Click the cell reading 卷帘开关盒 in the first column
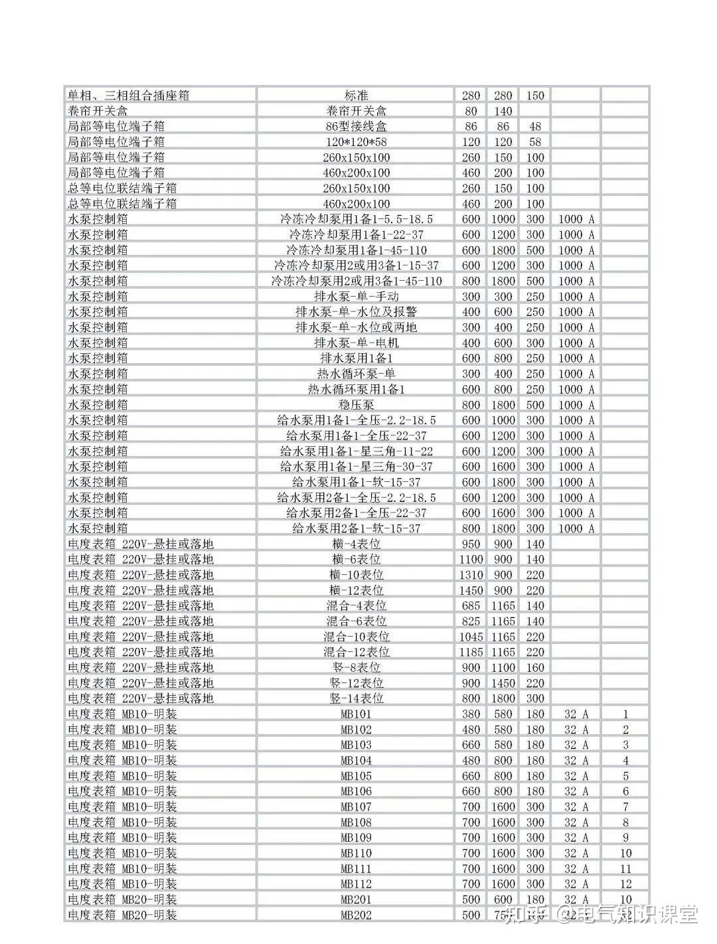[98, 111]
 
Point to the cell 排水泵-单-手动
[356, 296]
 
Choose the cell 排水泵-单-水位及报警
[356, 311]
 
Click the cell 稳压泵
[356, 404]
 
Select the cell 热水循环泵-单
[356, 374]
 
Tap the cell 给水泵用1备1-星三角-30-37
[356, 466]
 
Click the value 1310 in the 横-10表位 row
[471, 574]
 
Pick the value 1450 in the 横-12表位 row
[471, 590]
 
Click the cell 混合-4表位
[356, 605]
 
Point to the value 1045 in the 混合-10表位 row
[471, 636]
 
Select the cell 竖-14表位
[356, 698]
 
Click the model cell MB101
[356, 714]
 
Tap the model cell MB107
[356, 807]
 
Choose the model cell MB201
[356, 900]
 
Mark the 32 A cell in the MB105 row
[576, 776]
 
